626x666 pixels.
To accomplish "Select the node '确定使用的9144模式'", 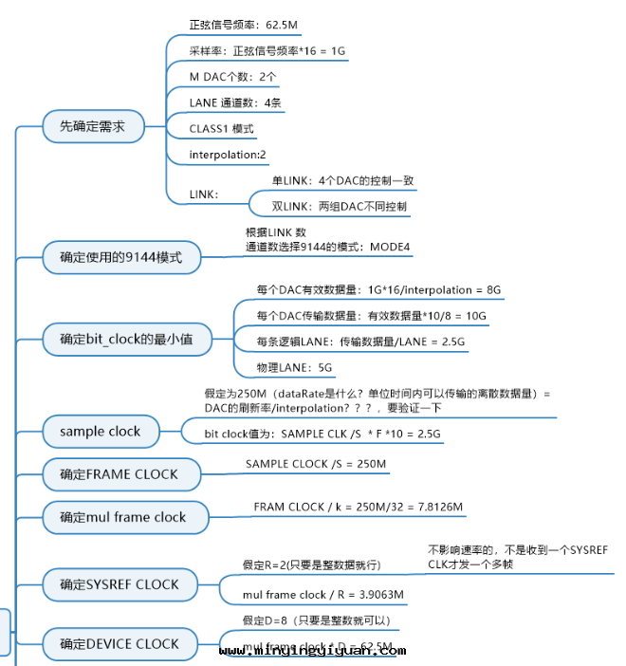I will click(120, 256).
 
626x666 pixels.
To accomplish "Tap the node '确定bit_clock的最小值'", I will click(127, 339).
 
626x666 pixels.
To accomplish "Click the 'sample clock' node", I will click(100, 432).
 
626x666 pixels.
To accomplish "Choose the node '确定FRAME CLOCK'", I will click(118, 474).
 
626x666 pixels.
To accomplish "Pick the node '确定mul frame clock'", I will click(122, 517).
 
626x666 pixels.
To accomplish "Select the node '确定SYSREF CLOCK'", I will click(119, 584).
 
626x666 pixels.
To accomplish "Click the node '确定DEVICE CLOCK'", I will click(119, 644).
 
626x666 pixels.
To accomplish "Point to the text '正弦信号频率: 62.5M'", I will click(245, 25).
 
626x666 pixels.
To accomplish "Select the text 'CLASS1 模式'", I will click(221, 128).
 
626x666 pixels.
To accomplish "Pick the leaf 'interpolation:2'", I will click(228, 154).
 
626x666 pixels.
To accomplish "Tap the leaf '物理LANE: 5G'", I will click(295, 367).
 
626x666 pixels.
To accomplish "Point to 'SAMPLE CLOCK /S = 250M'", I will click(316, 464).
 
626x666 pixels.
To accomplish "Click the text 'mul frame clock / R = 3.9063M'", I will click(323, 595).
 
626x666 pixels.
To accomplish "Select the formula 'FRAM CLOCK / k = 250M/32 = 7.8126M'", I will click(359, 508).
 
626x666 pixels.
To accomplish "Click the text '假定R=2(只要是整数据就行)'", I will click(311, 564).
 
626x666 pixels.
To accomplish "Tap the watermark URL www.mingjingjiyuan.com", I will click(312, 651).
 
